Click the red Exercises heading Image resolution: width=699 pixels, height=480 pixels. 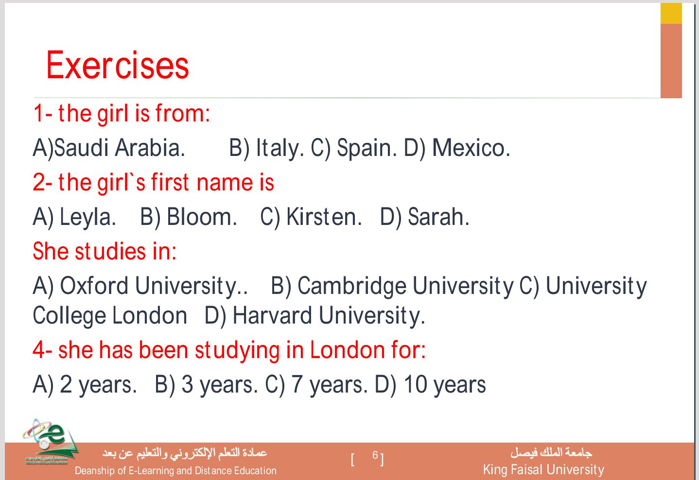point(117,65)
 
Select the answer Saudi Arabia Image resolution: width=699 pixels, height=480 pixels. point(120,148)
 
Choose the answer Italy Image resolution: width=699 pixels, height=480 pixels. point(280,148)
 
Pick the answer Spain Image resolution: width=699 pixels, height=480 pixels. point(367,148)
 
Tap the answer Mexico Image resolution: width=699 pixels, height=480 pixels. point(471,148)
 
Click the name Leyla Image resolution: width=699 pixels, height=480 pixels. point(87,217)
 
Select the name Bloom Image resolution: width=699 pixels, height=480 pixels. point(202,217)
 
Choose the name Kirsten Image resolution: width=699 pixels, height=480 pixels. point(324,217)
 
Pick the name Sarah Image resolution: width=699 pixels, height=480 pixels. point(438,217)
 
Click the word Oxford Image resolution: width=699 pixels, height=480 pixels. point(94,285)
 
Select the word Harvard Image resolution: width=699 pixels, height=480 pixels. point(272,315)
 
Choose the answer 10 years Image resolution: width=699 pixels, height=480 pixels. point(445,385)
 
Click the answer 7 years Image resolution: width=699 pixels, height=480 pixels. point(329,385)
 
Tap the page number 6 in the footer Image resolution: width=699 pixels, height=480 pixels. point(375,455)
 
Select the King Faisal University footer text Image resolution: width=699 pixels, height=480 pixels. point(543,470)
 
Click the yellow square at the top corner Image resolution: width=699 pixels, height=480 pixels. point(671,14)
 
